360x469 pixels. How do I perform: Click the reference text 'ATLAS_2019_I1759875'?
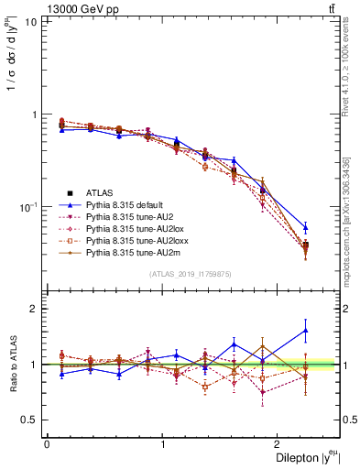tap(190, 274)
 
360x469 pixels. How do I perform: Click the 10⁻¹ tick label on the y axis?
tap(28, 208)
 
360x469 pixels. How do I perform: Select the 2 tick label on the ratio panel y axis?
tap(34, 309)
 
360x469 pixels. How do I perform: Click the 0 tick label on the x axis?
tap(46, 443)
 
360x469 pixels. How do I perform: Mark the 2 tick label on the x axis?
tap(280, 443)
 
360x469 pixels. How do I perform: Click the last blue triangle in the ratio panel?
tap(305, 330)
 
